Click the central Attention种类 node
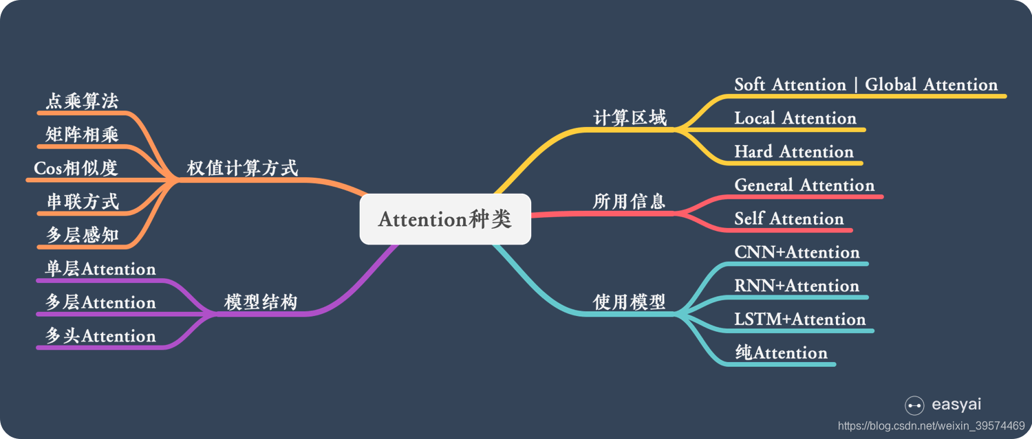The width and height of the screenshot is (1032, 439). [x=445, y=219]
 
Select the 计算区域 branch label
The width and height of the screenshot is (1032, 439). [x=630, y=118]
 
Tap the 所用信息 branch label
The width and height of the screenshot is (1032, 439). [x=630, y=201]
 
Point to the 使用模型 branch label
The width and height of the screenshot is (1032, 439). [x=630, y=302]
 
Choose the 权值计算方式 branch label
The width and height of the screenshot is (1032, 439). [x=242, y=168]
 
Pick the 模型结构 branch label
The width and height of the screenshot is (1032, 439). [x=261, y=302]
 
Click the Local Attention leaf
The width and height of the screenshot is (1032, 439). [x=795, y=118]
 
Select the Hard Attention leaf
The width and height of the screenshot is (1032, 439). [x=793, y=152]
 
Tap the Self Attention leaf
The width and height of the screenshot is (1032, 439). [x=788, y=219]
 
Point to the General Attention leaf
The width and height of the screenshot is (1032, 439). [x=804, y=185]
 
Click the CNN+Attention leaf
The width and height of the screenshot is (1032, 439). [x=797, y=252]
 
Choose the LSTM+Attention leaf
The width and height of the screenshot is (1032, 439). [x=799, y=319]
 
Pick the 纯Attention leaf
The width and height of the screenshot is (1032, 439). [x=781, y=353]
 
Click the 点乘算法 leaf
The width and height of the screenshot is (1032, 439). [x=82, y=102]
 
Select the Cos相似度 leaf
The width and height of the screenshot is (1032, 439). [x=76, y=168]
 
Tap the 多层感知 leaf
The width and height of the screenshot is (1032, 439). [x=82, y=236]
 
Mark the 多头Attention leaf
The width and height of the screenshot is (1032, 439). [x=100, y=336]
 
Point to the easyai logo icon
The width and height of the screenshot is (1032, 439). [x=914, y=405]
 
